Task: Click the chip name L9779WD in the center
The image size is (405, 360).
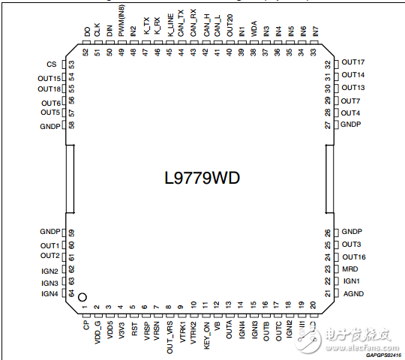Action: (x=202, y=179)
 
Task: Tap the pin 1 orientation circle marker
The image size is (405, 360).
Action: (x=83, y=298)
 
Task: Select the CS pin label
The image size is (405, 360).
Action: (x=51, y=65)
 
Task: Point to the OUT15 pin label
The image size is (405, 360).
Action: (x=49, y=78)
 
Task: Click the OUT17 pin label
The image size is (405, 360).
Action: (x=352, y=62)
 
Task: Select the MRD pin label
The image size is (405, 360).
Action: (x=349, y=268)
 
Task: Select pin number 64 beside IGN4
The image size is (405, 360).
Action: (x=73, y=293)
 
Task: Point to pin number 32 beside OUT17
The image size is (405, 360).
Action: (x=328, y=63)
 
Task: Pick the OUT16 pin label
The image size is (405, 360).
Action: (x=352, y=256)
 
